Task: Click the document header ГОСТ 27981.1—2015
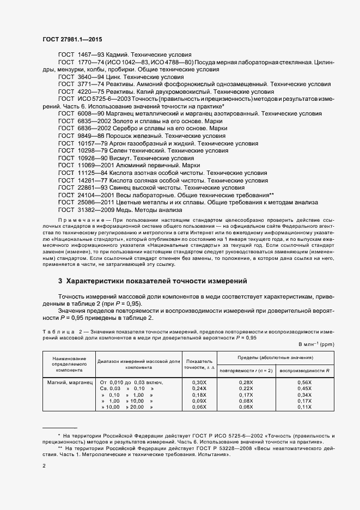(x=72, y=40)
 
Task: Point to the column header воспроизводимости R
(x=304, y=371)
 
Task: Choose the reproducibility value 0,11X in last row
(x=304, y=406)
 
